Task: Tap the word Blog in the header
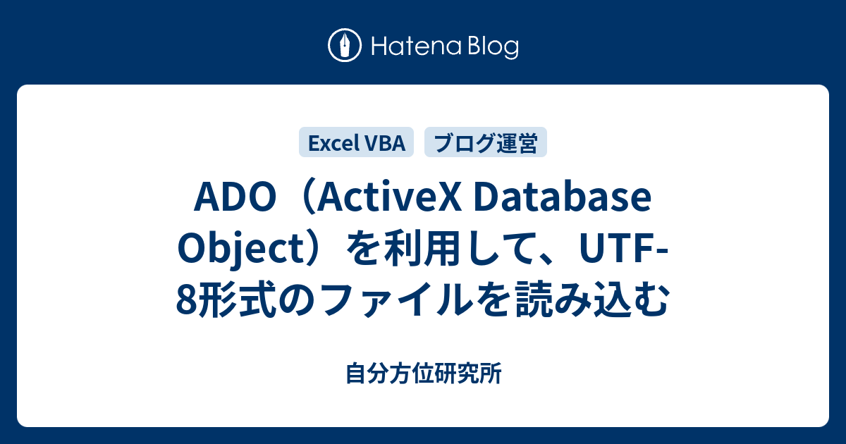coord(491,47)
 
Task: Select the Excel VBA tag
coord(357,143)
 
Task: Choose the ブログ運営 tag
coord(485,143)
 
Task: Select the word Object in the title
coord(226,252)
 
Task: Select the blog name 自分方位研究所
coord(424,374)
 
